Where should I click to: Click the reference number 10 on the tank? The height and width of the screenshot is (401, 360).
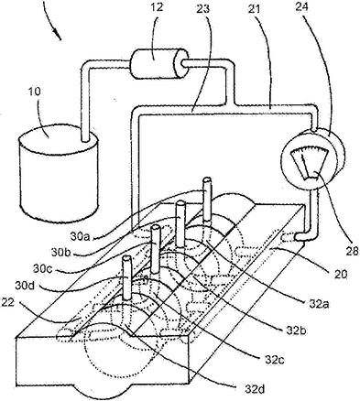36,92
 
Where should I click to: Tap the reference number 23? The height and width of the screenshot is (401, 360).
203,8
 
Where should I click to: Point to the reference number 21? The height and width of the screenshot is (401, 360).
254,9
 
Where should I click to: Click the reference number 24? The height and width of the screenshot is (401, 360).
301,6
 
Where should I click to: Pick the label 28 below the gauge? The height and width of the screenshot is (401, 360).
353,251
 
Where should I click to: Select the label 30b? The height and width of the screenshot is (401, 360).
60,252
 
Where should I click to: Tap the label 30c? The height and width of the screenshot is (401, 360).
42,269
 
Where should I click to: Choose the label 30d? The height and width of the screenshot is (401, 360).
25,286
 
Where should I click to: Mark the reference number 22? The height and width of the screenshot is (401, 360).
8,302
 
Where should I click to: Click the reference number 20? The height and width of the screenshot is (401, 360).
341,275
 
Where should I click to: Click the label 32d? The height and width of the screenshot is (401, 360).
254,389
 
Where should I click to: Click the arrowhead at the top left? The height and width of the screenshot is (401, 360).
58,35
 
